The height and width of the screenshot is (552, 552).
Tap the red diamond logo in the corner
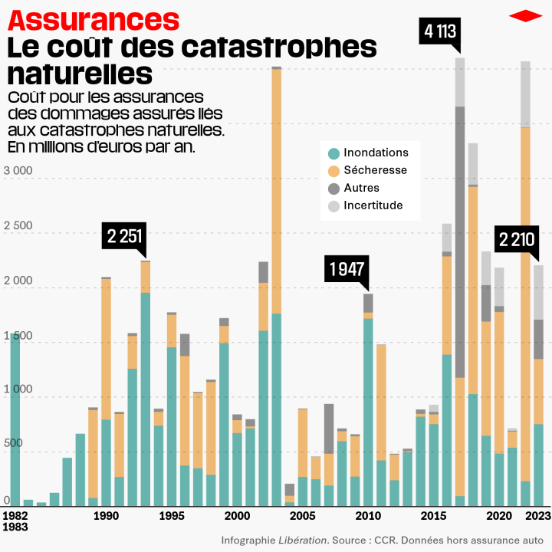(525, 15)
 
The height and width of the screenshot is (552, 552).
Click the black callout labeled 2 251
(124, 236)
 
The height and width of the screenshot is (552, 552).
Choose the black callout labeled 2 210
(516, 239)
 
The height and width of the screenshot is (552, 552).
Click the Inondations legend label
(376, 153)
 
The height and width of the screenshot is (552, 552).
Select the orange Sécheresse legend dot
(333, 170)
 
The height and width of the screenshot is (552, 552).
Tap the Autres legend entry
(361, 188)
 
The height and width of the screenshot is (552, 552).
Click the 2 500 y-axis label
(19, 226)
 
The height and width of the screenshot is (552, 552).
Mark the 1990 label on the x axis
(106, 516)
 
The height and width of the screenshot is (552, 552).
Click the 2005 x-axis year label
(303, 516)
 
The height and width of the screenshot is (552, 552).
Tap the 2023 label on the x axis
(539, 516)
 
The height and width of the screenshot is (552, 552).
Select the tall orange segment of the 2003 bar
(276, 192)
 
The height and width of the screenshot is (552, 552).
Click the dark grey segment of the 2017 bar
(460, 242)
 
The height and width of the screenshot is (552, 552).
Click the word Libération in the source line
(304, 540)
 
